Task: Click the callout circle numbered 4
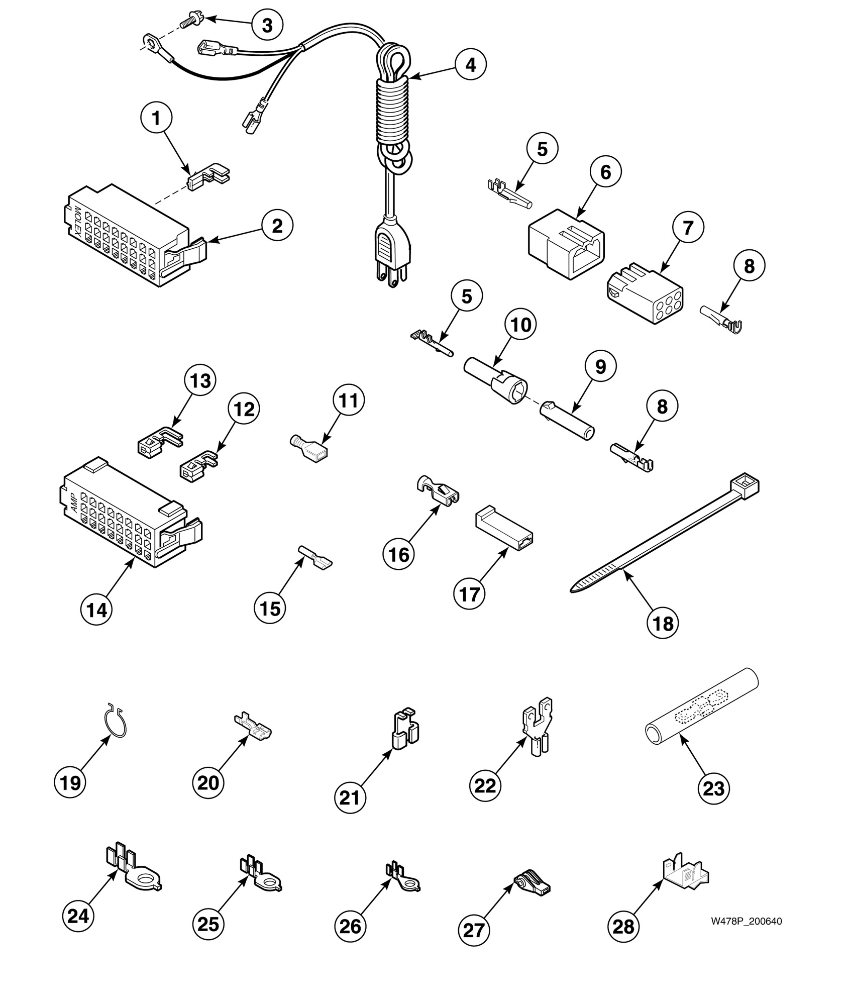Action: pos(471,64)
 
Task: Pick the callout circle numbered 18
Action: pos(662,623)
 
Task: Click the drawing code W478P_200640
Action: pos(746,921)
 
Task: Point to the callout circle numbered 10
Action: pos(520,325)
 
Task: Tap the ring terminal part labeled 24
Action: pos(133,873)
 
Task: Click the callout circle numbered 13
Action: pos(200,381)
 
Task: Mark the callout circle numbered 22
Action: pos(485,785)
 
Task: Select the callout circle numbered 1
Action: pos(156,119)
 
